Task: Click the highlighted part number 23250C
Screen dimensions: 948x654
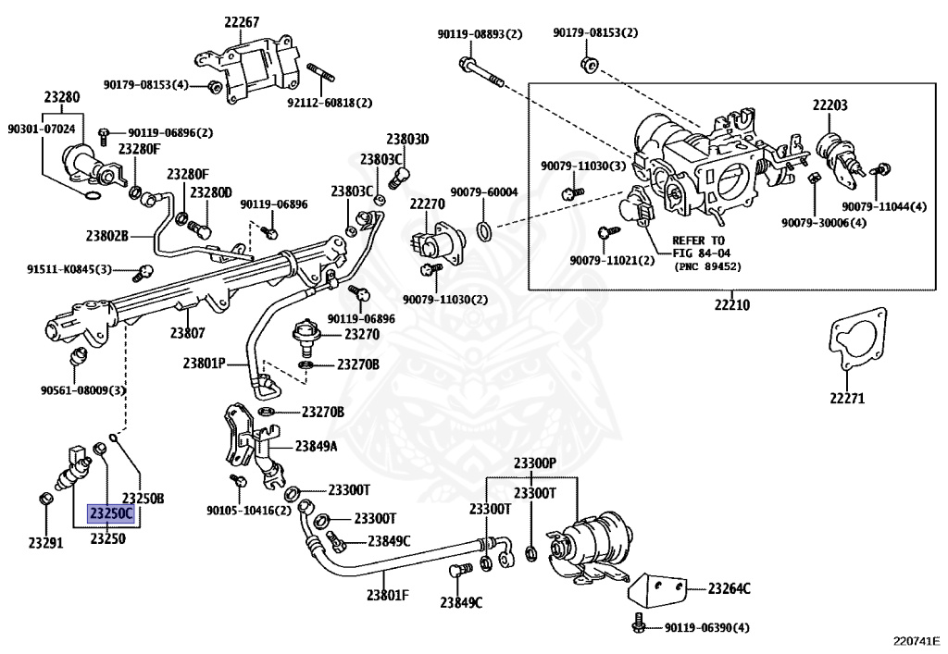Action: click(x=112, y=513)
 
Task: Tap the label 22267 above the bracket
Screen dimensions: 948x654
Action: click(x=242, y=22)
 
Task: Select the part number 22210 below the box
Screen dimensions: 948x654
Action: click(x=731, y=304)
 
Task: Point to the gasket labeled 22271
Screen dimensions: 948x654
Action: click(x=857, y=339)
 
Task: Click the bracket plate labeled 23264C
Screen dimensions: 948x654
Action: click(x=657, y=588)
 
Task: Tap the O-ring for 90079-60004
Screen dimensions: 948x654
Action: click(x=485, y=230)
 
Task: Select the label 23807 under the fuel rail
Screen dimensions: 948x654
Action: click(x=187, y=332)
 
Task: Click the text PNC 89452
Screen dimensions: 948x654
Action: click(x=707, y=266)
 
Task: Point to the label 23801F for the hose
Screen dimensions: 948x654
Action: click(x=388, y=595)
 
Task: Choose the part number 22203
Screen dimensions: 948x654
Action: click(x=829, y=105)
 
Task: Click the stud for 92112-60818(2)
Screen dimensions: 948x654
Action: click(x=321, y=75)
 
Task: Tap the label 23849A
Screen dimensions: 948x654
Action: click(x=317, y=446)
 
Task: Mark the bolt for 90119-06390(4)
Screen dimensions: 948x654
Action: click(x=639, y=623)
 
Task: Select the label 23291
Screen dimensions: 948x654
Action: click(x=45, y=542)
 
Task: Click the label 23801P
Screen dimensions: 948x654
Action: click(x=205, y=364)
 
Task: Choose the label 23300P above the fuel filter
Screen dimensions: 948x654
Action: click(x=534, y=463)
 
